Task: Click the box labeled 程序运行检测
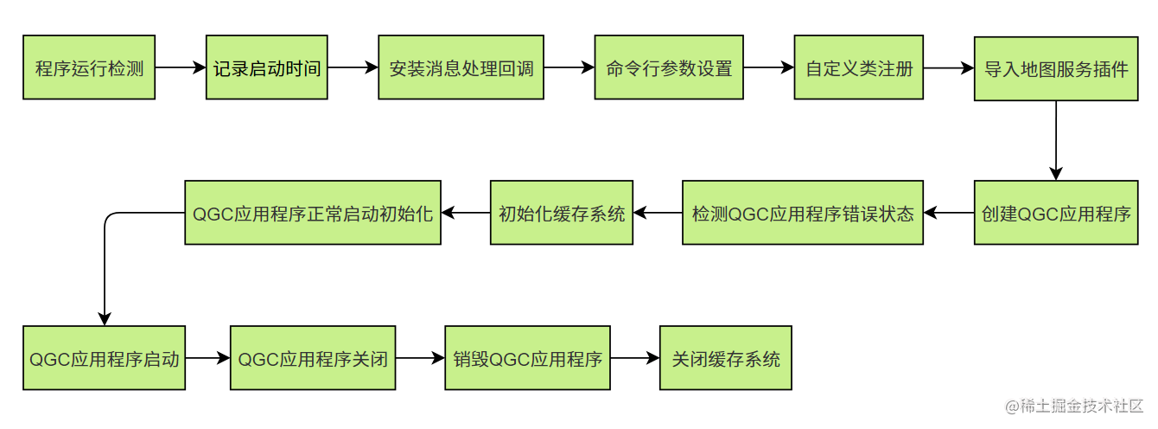[89, 67]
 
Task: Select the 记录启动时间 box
[267, 67]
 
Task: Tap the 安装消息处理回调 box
[461, 67]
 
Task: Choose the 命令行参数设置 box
[669, 67]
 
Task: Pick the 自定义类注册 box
[858, 67]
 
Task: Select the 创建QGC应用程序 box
[1056, 213]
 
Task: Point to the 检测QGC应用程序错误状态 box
[803, 213]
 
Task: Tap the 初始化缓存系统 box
[562, 213]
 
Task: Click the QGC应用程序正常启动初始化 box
[313, 213]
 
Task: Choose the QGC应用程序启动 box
[104, 358]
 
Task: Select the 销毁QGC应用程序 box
[527, 358]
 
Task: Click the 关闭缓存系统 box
[726, 358]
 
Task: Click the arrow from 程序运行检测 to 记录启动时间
[181, 67]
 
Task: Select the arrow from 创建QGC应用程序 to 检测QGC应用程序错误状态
[949, 213]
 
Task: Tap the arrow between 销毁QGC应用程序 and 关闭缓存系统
[635, 358]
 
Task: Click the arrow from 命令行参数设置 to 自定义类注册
[769, 67]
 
